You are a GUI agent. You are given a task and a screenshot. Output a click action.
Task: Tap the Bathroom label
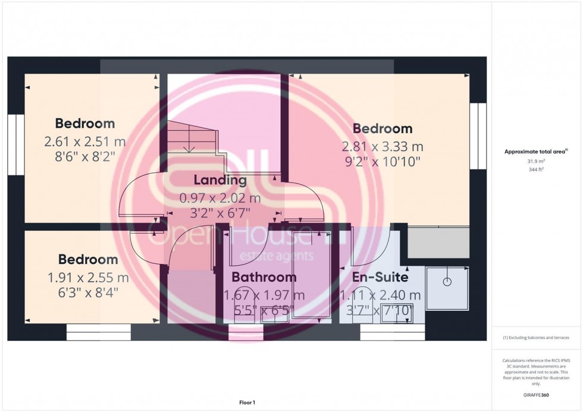pyautogui.click(x=264, y=277)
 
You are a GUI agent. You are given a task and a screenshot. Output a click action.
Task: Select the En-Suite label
pyautogui.click(x=380, y=277)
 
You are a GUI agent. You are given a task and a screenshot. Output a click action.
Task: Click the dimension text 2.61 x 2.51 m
pyautogui.click(x=85, y=142)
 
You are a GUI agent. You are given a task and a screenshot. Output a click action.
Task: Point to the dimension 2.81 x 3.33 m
pyautogui.click(x=383, y=146)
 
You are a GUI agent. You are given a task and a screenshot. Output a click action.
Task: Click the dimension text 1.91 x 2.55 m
pyautogui.click(x=88, y=278)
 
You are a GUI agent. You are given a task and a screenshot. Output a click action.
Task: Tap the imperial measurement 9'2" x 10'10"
pyautogui.click(x=383, y=162)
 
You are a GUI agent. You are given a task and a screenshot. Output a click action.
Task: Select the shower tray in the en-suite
pyautogui.click(x=447, y=289)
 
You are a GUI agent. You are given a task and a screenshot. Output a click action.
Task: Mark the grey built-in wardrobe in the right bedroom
pyautogui.click(x=438, y=243)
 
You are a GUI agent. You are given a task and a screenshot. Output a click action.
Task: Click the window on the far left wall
pyautogui.click(x=15, y=144)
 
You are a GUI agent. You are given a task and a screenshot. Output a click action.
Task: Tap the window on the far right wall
pyautogui.click(x=478, y=136)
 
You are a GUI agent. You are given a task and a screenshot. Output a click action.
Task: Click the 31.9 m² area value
pyautogui.click(x=537, y=161)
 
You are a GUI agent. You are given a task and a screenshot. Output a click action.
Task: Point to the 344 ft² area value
pyautogui.click(x=537, y=169)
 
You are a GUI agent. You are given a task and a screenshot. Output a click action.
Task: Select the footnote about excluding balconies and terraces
pyautogui.click(x=536, y=338)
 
